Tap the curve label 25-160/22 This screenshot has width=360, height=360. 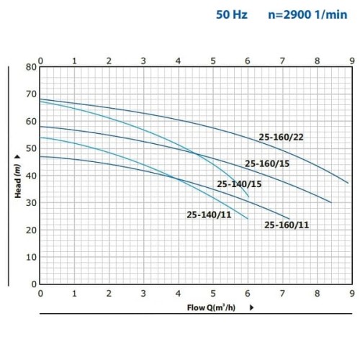(x=282, y=137)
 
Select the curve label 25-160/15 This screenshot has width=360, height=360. (x=267, y=163)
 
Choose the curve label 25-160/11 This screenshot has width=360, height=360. (x=287, y=225)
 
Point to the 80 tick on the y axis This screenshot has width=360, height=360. (x=31, y=67)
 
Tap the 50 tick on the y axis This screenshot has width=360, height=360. (x=31, y=148)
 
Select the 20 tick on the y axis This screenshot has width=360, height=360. (x=31, y=230)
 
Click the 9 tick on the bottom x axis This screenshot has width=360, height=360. (x=351, y=293)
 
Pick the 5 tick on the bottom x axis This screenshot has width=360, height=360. (x=212, y=293)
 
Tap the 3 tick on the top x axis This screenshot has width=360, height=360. (x=143, y=60)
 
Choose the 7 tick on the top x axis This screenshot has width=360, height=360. (x=282, y=60)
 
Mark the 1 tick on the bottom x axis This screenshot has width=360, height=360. (x=74, y=293)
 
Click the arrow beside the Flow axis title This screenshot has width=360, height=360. (x=251, y=308)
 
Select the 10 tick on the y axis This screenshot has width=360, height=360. (x=31, y=257)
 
